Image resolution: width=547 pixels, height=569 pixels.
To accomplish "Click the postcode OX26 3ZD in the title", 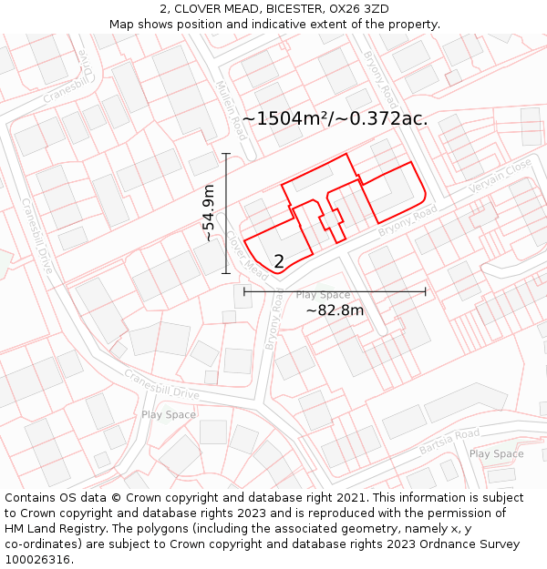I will [358, 9].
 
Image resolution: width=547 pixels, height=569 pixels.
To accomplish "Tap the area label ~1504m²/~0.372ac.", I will [335, 118].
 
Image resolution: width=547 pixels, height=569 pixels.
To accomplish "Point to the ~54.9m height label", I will [209, 213].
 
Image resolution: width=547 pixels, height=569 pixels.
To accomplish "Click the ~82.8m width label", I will [335, 310].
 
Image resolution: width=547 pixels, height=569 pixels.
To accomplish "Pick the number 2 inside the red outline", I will [279, 261].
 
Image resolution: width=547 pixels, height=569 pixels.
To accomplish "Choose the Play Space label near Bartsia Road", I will [496, 453].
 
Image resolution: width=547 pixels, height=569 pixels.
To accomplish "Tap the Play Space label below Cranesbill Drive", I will [168, 414].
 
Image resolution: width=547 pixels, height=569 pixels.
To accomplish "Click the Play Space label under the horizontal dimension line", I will [323, 295].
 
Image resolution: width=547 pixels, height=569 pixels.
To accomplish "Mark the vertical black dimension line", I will [226, 213].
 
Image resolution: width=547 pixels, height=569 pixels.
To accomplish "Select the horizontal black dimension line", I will [335, 291].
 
